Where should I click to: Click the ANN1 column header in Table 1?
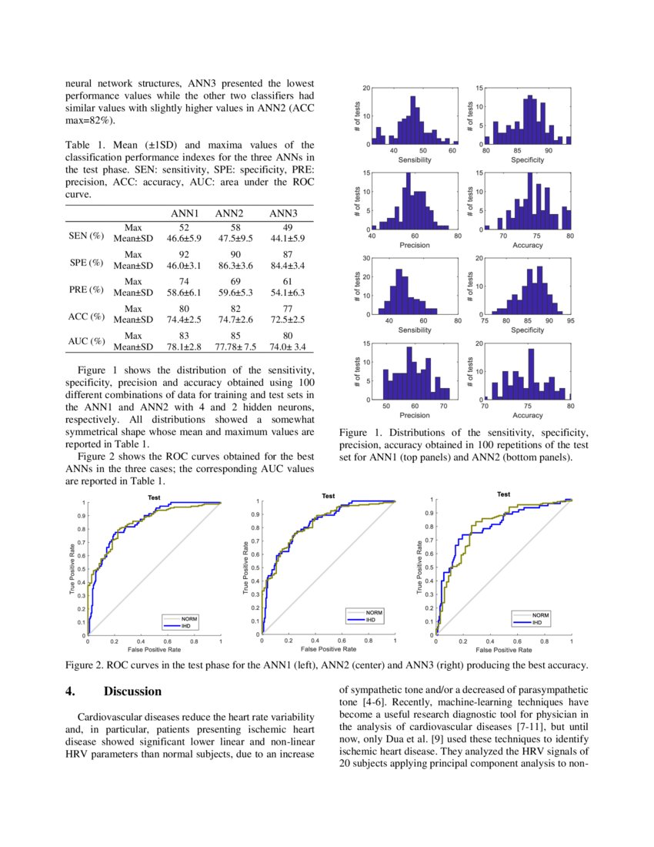click(185, 213)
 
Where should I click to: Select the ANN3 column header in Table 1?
click(282, 213)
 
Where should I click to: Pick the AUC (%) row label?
click(85, 341)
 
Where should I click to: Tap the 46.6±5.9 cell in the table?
click(184, 239)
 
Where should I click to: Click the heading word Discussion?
click(132, 691)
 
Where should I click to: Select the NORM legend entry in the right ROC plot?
click(540, 615)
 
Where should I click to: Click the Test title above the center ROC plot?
click(329, 497)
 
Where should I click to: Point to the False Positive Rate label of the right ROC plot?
click(503, 650)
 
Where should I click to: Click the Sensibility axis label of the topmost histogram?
click(414, 159)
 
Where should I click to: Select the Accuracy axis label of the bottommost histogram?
click(527, 415)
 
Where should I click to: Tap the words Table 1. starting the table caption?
click(84, 145)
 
